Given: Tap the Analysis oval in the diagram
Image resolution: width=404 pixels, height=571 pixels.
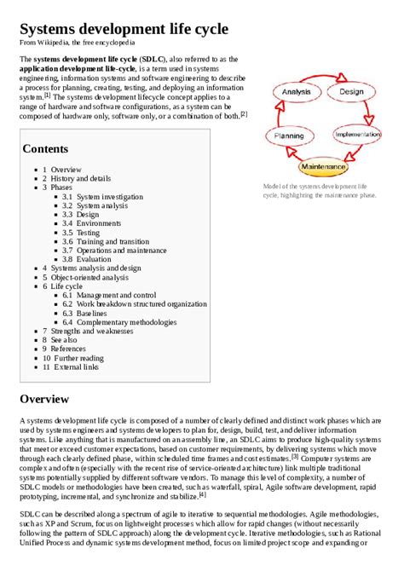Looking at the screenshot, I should (x=295, y=92).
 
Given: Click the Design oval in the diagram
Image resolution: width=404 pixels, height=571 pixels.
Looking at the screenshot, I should (x=351, y=92).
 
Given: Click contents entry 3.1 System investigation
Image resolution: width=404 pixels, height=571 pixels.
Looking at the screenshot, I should (x=108, y=197).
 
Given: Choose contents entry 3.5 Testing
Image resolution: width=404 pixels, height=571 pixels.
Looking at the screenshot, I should (x=87, y=233).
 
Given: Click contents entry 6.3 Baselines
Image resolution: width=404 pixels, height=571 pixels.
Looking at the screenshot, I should (x=92, y=314).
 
